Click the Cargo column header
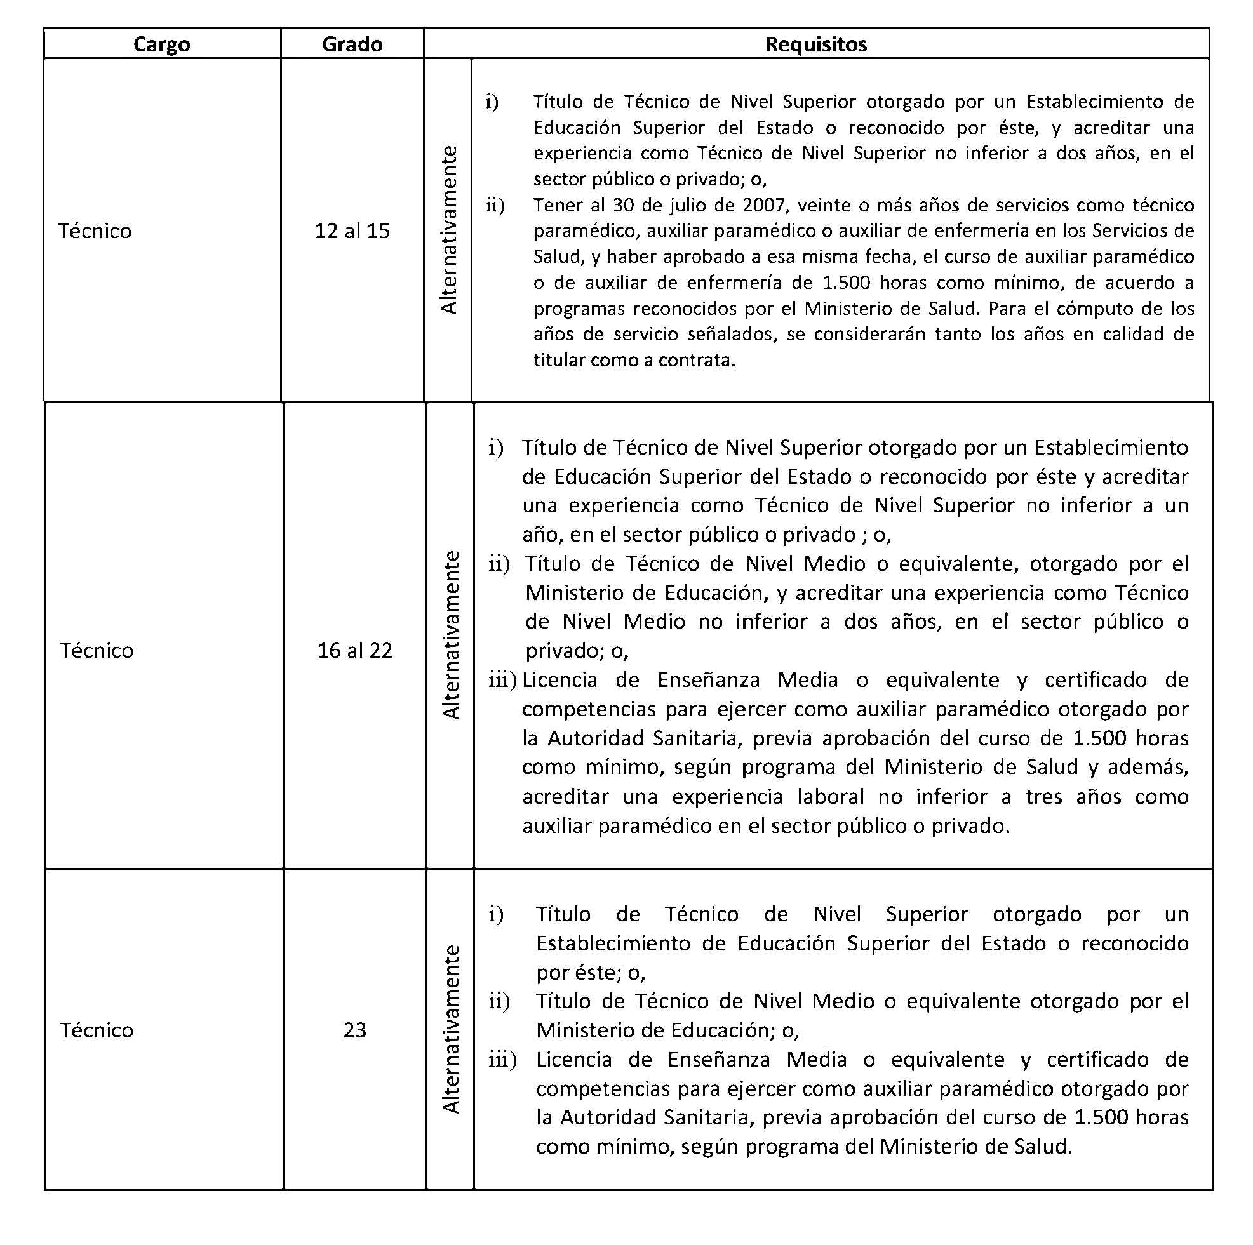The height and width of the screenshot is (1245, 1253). click(x=161, y=44)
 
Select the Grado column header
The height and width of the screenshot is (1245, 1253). click(x=352, y=44)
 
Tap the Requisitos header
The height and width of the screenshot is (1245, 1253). click(x=816, y=44)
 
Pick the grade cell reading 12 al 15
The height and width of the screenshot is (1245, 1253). click(x=352, y=231)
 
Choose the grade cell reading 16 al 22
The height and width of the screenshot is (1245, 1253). click(x=355, y=650)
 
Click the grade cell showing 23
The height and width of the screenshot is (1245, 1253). click(x=355, y=1030)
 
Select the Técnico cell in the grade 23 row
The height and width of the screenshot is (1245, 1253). click(x=97, y=1030)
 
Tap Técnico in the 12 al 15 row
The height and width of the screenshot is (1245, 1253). click(x=95, y=231)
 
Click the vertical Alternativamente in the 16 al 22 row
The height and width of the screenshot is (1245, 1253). click(x=451, y=635)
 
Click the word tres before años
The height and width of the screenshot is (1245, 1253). click(x=1043, y=797)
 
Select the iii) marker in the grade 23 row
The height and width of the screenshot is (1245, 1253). click(x=502, y=1060)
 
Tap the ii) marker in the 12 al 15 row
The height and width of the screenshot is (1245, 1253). click(x=495, y=206)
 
